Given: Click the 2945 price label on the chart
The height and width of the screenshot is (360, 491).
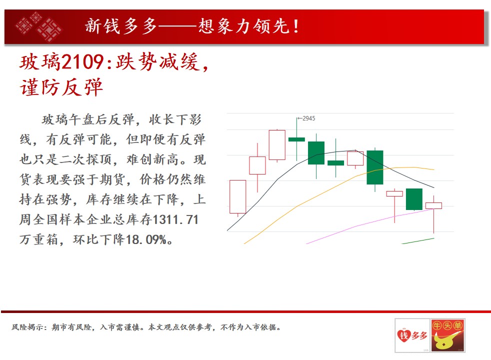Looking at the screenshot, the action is pos(309,118).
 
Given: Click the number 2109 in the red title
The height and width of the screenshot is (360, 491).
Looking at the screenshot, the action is pos(82,62).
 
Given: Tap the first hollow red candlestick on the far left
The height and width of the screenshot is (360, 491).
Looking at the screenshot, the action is pos(237,197).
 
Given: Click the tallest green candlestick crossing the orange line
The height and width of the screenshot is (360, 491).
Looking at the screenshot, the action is pos(375,167).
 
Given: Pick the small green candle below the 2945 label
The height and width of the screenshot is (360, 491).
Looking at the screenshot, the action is pos(296,139).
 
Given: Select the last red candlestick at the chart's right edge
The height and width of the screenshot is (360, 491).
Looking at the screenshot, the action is pos(433,205).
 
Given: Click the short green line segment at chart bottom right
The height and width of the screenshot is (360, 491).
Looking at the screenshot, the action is pos(418,241).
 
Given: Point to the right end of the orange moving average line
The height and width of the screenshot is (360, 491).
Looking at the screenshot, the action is pos(434,169).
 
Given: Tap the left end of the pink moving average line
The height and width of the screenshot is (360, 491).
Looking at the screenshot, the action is pos(306,243).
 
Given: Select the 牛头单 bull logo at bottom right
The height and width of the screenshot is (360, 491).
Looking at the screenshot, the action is pos(448,335).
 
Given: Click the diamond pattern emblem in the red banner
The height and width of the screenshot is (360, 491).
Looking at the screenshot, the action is pos(39,26).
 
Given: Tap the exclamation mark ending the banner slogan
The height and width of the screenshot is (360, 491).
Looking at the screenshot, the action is pos(295,26).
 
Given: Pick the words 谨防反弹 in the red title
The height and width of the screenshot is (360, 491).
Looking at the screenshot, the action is pos(61,87).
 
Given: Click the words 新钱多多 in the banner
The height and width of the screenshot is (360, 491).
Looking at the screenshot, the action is pos(121,26).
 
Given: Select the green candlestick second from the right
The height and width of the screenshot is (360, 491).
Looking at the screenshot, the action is pos(414,199).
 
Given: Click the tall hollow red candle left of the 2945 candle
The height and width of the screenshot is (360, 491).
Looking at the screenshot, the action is pos(277,145).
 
